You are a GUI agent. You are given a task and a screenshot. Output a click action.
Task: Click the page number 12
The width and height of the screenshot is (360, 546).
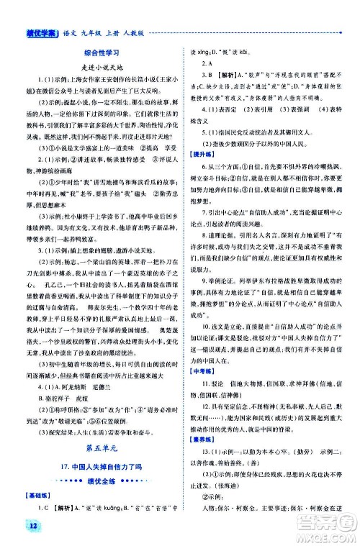pyautogui.click(x=14, y=530)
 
